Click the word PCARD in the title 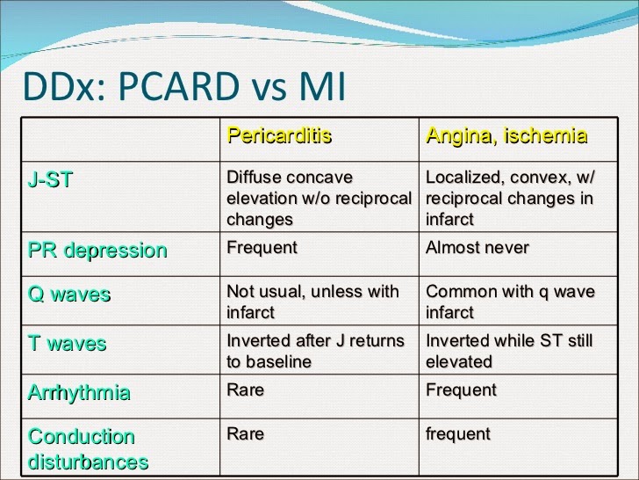tap(178, 86)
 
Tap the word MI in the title tap(323, 86)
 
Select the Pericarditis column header tap(279, 135)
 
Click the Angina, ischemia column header tap(506, 136)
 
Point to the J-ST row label tap(50, 179)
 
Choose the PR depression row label tap(97, 251)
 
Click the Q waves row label tap(69, 294)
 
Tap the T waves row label tap(68, 343)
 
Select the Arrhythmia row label tap(79, 393)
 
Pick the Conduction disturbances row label tap(88, 449)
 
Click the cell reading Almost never tap(477, 247)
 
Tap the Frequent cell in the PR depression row tap(262, 247)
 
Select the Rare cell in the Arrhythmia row tap(246, 389)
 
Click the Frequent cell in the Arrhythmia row tap(462, 389)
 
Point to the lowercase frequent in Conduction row tap(458, 434)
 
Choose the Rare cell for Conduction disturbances tap(246, 433)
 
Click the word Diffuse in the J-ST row tap(253, 178)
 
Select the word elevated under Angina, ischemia tap(459, 361)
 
